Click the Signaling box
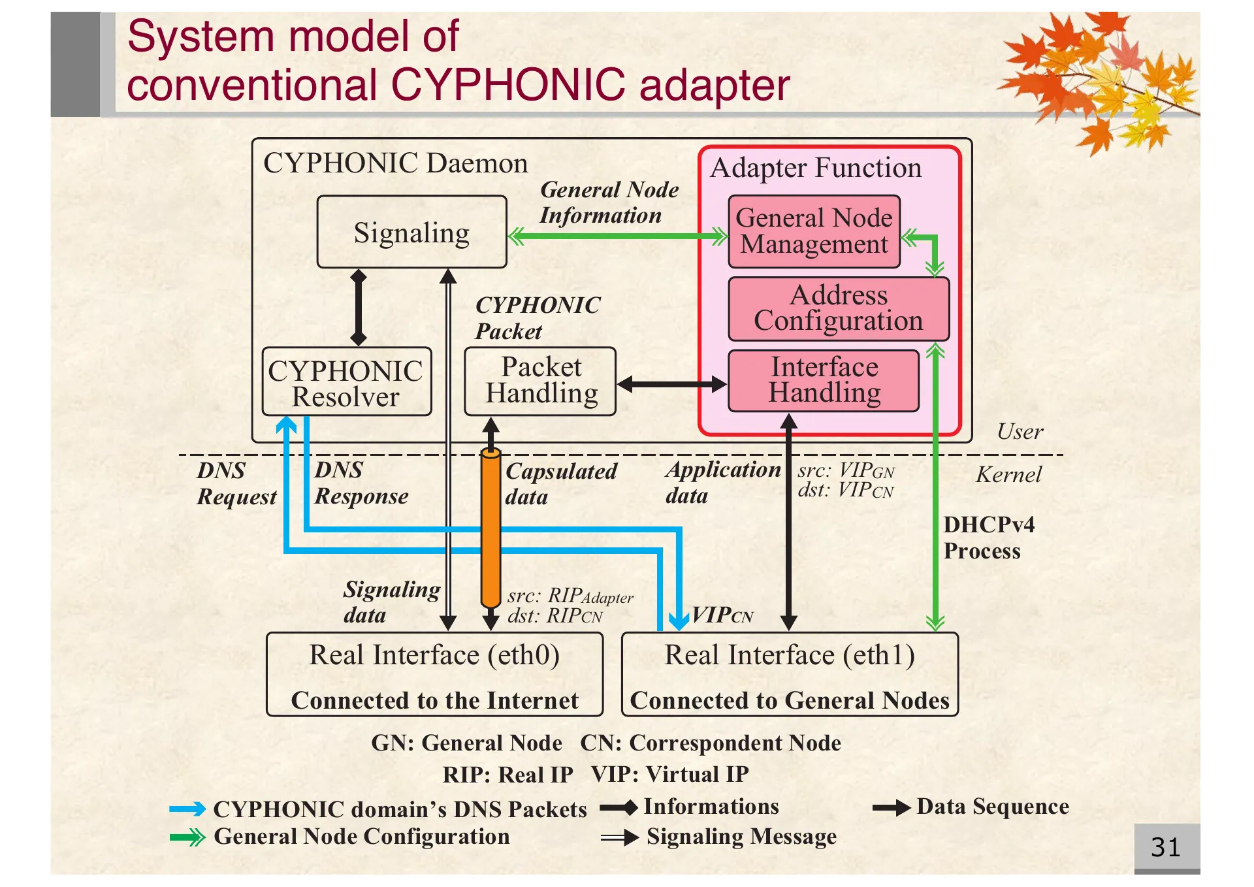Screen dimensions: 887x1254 [411, 233]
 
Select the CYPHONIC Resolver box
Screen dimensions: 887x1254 [346, 383]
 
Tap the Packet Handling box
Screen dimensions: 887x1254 [540, 381]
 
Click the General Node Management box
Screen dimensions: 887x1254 [814, 231]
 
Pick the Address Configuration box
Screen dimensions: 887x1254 [838, 308]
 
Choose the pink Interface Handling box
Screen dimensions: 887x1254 [824, 381]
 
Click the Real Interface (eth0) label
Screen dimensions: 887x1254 [434, 655]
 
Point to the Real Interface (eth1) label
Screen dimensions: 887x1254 [789, 655]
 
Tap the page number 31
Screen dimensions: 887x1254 [1166, 848]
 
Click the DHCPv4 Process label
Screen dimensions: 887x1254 [988, 538]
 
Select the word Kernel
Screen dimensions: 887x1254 [1008, 475]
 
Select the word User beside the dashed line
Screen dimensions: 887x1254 [1020, 432]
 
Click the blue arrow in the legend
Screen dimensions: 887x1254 [187, 810]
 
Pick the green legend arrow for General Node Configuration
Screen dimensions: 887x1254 [187, 837]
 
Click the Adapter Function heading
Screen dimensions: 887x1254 [816, 169]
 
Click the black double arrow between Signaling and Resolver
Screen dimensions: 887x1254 [358, 307]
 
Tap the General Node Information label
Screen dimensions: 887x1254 [607, 202]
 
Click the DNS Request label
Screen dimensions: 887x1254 [236, 484]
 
